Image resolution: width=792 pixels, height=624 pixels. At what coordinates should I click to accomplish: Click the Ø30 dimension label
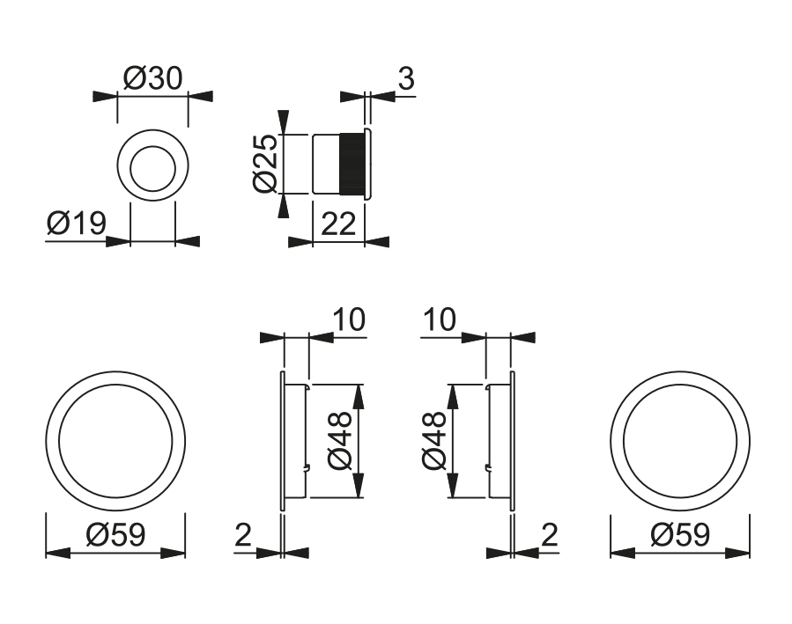click(152, 78)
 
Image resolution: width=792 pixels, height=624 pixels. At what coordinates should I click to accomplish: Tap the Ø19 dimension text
click(76, 224)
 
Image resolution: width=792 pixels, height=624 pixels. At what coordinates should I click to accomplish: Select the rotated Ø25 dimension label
click(265, 163)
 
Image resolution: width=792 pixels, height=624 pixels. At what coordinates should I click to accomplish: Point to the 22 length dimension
click(337, 224)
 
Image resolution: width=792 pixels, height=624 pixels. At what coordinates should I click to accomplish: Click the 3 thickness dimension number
click(405, 78)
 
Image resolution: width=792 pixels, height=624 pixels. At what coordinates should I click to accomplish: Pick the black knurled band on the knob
click(352, 163)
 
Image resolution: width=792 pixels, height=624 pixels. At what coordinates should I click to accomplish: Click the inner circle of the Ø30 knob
click(153, 165)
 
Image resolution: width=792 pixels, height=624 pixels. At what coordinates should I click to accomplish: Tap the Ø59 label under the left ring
click(115, 535)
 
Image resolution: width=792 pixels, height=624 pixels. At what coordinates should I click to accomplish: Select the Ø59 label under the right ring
click(680, 535)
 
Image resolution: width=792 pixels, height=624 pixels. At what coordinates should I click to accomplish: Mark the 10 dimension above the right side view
click(440, 319)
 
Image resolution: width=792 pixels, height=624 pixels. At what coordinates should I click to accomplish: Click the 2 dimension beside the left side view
click(244, 535)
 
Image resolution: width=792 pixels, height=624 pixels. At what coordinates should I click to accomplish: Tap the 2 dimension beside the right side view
click(550, 535)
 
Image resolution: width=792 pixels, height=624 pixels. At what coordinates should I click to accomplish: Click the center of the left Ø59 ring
click(115, 440)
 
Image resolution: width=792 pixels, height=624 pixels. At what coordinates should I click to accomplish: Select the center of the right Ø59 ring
click(680, 440)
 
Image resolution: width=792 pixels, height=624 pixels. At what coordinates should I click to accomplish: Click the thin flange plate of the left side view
click(282, 440)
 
